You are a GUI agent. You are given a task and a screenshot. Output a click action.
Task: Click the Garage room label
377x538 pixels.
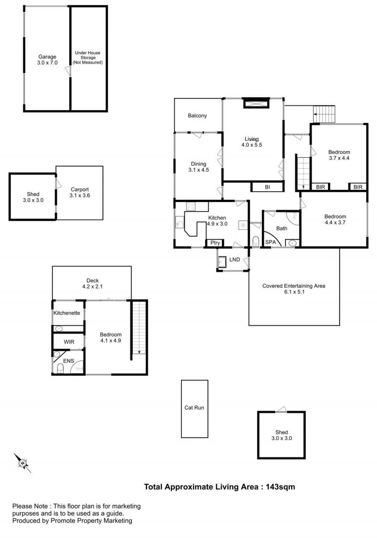click(47, 57)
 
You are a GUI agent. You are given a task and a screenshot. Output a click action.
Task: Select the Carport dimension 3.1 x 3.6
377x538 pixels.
click(80, 196)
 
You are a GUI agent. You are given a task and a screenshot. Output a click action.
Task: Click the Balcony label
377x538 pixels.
click(197, 115)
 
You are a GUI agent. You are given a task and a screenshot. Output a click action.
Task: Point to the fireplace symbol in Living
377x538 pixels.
click(256, 103)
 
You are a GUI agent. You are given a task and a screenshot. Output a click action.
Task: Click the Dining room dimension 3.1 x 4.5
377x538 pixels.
click(198, 170)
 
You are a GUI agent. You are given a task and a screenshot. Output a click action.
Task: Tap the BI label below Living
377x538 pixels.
click(268, 187)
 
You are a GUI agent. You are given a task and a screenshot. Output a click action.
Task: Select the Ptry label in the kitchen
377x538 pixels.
click(215, 243)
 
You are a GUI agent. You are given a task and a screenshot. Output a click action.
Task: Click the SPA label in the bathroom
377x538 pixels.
click(270, 242)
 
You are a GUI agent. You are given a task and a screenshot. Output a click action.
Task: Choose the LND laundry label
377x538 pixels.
click(235, 260)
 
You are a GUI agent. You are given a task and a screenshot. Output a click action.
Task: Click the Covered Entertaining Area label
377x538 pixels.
click(294, 286)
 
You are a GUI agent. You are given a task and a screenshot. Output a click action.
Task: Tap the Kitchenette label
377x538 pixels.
click(66, 313)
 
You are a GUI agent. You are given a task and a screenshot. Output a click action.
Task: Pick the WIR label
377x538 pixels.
click(69, 342)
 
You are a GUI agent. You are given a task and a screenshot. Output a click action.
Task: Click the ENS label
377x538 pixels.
click(69, 361)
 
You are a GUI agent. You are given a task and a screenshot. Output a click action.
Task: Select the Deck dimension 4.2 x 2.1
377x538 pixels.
click(92, 286)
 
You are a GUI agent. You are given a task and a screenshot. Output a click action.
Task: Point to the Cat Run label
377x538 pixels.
click(194, 408)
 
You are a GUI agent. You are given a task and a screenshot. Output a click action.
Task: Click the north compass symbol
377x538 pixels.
click(23, 463)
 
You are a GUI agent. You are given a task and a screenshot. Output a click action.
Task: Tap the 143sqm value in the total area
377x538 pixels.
click(280, 487)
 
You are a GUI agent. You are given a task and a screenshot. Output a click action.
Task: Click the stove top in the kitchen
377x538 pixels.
click(190, 206)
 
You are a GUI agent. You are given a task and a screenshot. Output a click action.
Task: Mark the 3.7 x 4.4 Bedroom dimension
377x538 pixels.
click(339, 158)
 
